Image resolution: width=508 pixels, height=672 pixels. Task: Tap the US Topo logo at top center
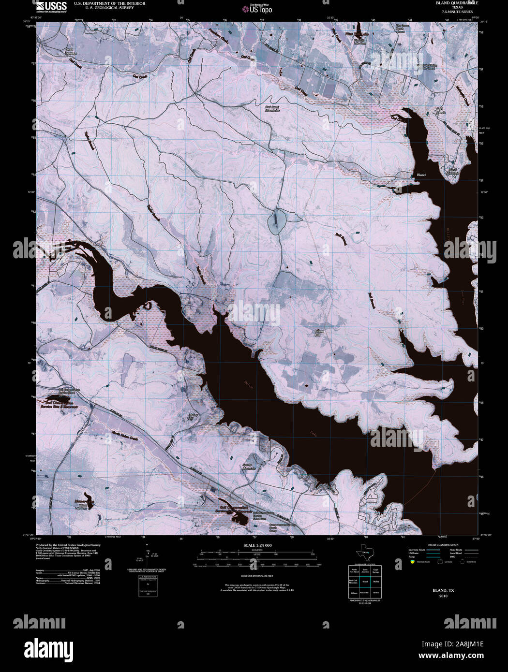pos(260,8)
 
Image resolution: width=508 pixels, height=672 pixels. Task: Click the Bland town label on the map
pos(421,175)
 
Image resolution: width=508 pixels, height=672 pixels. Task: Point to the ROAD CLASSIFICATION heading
pos(440,544)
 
